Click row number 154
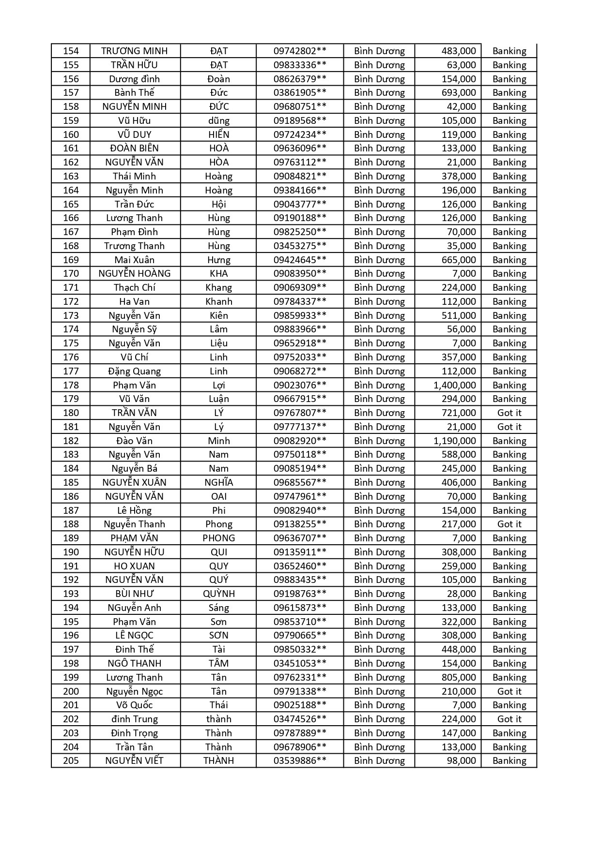[71, 51]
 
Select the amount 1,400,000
[454, 385]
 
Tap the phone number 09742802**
[300, 51]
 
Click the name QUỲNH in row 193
[218, 594]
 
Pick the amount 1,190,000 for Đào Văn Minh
[454, 441]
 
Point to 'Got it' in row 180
[509, 413]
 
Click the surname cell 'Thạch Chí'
[135, 287]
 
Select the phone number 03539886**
[300, 760]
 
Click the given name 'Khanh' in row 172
[218, 301]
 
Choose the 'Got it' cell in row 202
[509, 719]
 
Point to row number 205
[71, 760]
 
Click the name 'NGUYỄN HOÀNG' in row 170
[135, 273]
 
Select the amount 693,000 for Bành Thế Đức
[458, 92]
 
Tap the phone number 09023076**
[300, 385]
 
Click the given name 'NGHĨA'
[218, 482]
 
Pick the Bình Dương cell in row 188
[379, 524]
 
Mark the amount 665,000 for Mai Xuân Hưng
[458, 260]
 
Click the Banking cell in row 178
[509, 385]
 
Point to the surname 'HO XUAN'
[135, 566]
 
